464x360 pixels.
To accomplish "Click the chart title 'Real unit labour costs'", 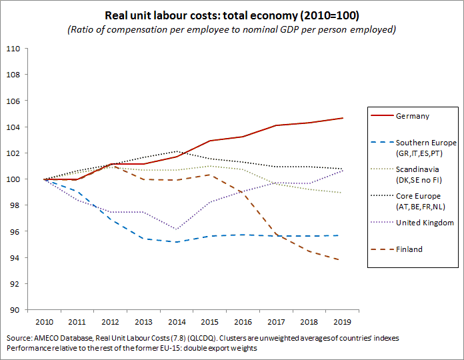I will pyautogui.click(x=230, y=14).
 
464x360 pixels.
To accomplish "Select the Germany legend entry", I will pyautogui.click(x=411, y=116).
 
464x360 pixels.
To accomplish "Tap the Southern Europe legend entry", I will pyautogui.click(x=425, y=147).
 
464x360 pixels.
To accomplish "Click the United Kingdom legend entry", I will pyautogui.click(x=425, y=223).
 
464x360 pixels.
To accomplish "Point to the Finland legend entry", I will pyautogui.click(x=409, y=249).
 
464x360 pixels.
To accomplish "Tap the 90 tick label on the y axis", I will pyautogui.click(x=15, y=310).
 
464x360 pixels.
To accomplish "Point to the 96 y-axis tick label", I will pyautogui.click(x=15, y=231).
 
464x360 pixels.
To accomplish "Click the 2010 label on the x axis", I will pyautogui.click(x=45, y=322).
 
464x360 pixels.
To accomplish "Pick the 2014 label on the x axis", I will pyautogui.click(x=176, y=322).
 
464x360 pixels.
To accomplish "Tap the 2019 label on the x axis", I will pyautogui.click(x=343, y=322).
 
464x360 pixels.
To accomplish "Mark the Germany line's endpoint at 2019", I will pyautogui.click(x=343, y=118).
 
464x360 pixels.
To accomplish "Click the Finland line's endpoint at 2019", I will pyautogui.click(x=343, y=260).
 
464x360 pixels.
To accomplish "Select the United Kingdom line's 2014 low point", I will pyautogui.click(x=176, y=229).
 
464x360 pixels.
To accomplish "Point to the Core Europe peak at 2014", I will pyautogui.click(x=176, y=151).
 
